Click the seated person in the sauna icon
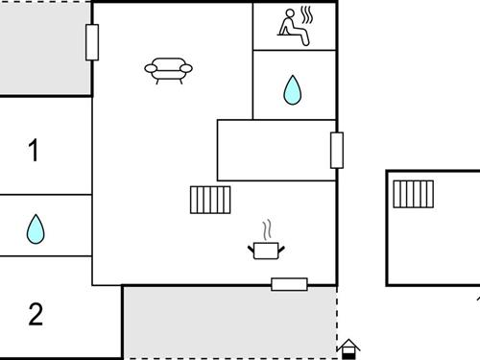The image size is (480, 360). coord(290,27)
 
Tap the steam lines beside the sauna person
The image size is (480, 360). coord(308,16)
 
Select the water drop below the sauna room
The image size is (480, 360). coord(293,90)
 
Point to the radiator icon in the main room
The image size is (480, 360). coord(211,200)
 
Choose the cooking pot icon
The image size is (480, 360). coord(266,250)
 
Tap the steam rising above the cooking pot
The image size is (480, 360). coord(268,229)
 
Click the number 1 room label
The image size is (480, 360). coord(35,151)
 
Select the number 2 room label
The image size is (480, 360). coord(36,314)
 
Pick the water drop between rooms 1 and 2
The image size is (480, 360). coord(36,228)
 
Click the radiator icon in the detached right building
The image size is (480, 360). coord(414,194)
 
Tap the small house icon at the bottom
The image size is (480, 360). coord(348,348)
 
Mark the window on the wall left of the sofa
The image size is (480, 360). coord(92,42)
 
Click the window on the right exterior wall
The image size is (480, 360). coord(337,150)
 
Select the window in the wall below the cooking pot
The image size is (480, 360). coord(289,284)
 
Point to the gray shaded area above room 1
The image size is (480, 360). coord(43,48)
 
